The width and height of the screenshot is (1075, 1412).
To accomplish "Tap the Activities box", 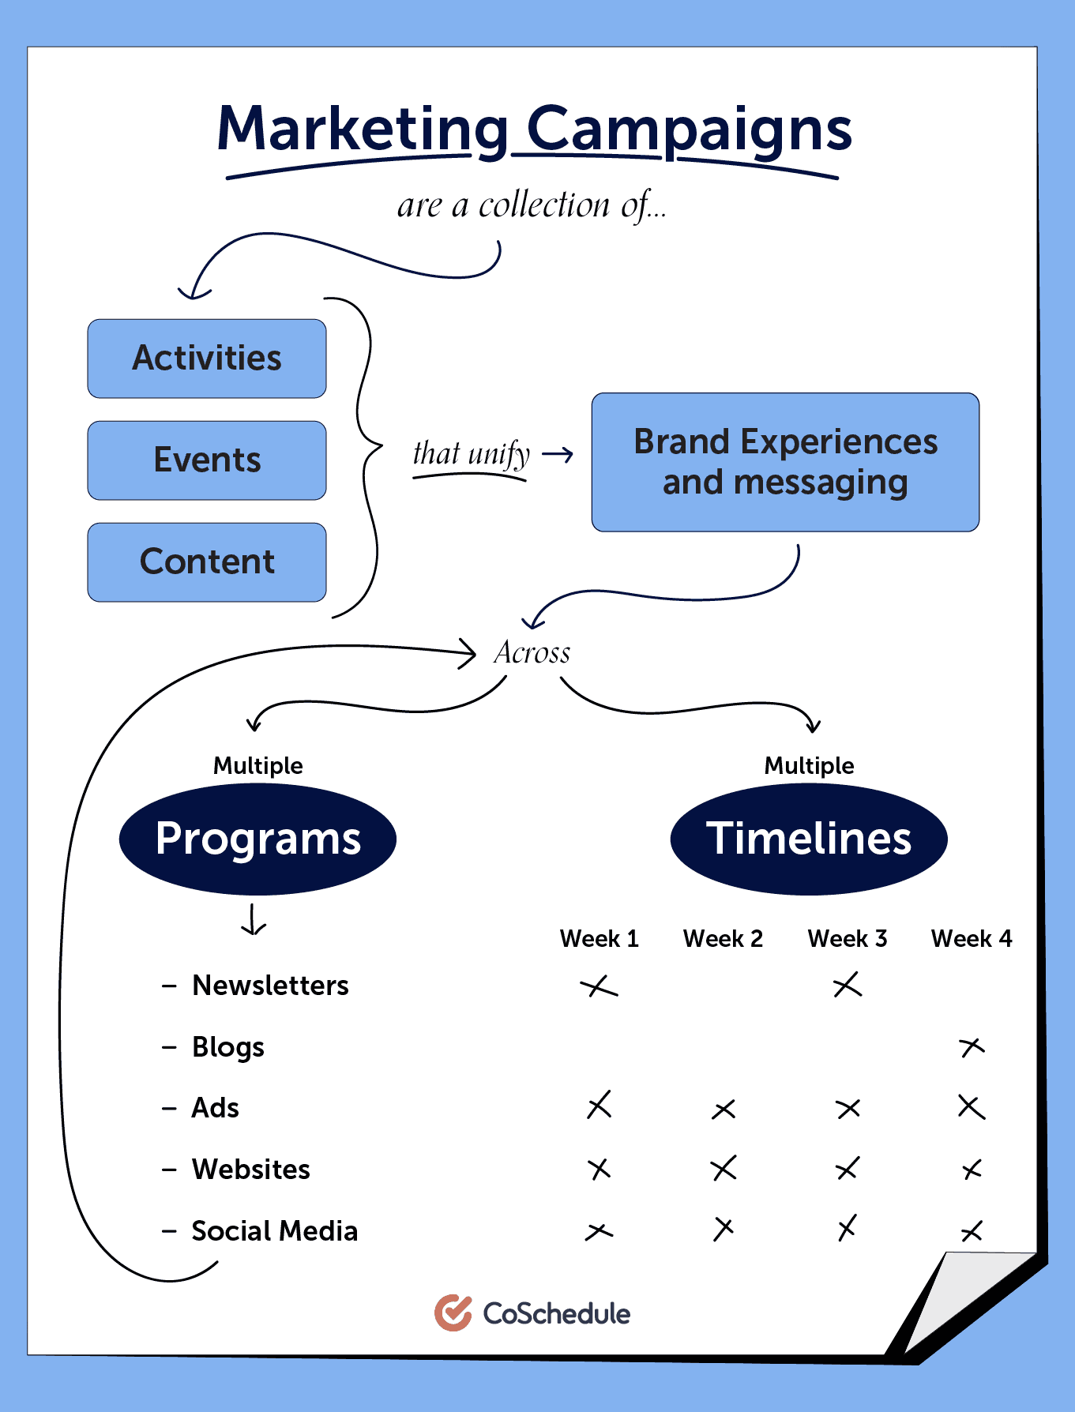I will (207, 359).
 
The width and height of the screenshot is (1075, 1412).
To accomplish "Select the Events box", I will (207, 460).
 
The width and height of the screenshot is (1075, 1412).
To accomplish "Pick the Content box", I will (207, 562).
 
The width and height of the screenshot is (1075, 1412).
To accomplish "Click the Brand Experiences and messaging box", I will (785, 462).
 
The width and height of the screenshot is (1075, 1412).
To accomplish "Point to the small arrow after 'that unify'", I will (558, 455).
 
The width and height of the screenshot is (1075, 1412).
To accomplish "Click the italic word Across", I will (532, 653).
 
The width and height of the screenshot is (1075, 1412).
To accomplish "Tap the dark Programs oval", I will (257, 839).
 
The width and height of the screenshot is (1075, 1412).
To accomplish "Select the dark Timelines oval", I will (809, 839).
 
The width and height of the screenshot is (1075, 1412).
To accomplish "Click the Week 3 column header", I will (848, 938).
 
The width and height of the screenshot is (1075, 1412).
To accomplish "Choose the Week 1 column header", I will (599, 938).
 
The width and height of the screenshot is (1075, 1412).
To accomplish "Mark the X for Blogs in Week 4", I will (972, 1047).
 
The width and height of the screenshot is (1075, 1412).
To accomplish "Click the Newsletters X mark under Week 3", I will (848, 985).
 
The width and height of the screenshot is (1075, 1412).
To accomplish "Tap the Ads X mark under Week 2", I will (724, 1110).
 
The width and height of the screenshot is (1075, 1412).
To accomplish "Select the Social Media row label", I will (274, 1230).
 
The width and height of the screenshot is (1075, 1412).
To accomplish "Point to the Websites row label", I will (250, 1169).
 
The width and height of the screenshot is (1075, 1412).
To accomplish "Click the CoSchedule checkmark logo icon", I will (453, 1312).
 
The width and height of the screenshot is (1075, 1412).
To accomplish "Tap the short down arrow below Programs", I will (253, 920).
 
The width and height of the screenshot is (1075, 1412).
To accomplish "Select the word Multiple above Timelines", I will (809, 765).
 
